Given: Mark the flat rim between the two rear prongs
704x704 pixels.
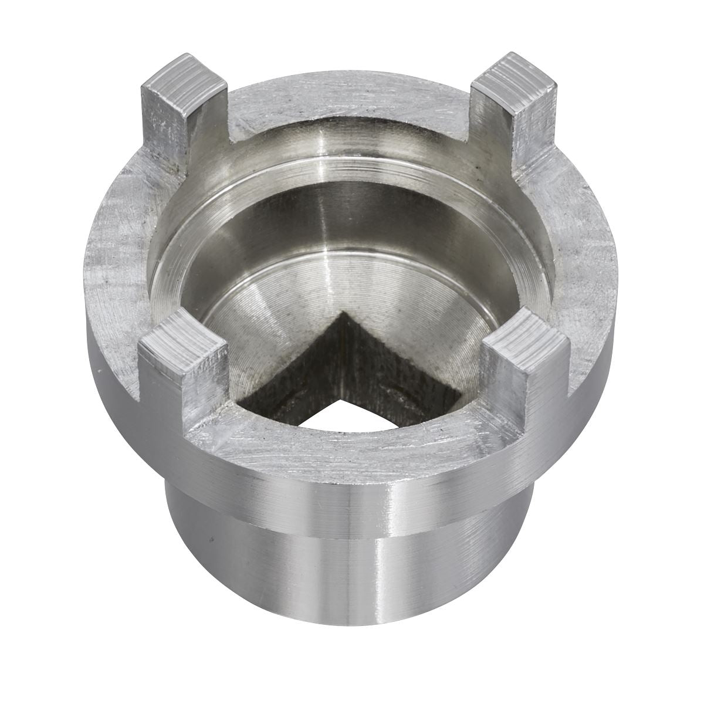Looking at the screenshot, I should [x=352, y=100].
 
